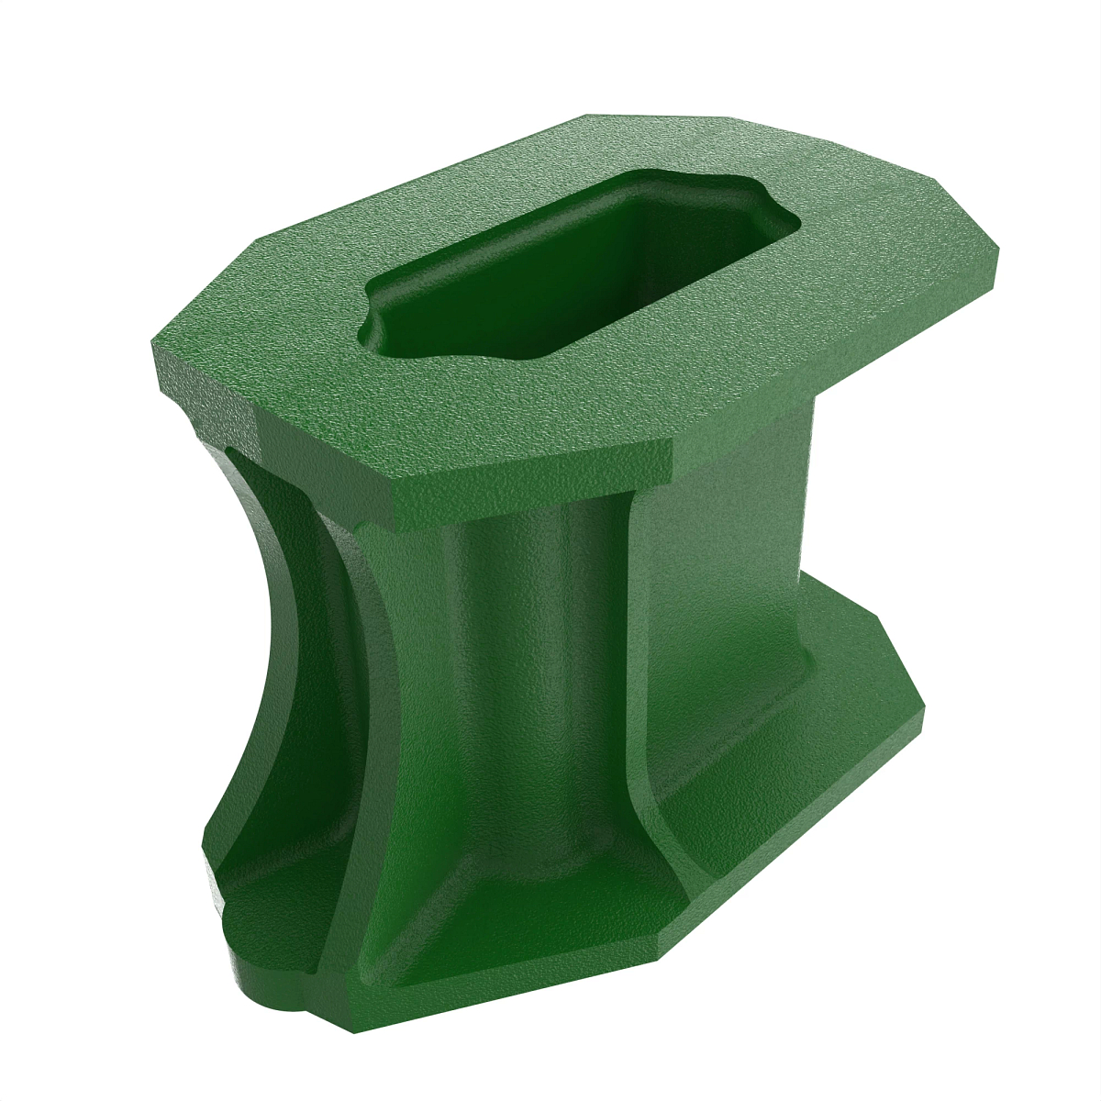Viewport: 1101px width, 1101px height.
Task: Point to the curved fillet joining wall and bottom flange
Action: click(661, 807)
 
